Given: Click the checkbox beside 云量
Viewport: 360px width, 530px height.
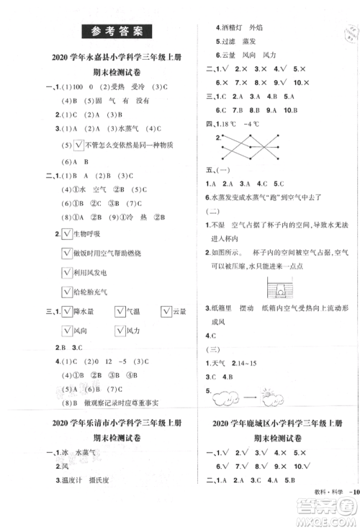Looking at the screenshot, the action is tap(158, 311).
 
